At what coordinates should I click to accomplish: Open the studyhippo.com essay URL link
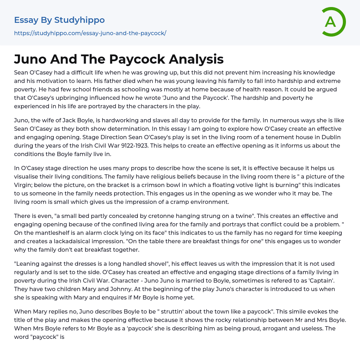[90, 33]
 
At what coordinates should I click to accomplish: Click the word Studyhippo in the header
[79, 20]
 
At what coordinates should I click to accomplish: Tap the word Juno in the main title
[31, 59]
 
